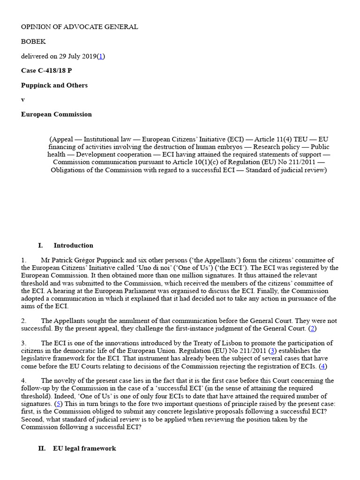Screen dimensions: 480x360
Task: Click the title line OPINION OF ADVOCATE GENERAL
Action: [79, 27]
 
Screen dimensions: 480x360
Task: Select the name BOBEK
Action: [34, 41]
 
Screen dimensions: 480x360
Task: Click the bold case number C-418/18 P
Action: [46, 71]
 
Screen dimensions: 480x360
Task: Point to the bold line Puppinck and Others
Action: [54, 85]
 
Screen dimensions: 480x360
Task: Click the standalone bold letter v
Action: [22, 100]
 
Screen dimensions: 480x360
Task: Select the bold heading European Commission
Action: [56, 114]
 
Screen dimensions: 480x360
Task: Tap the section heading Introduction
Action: [73, 245]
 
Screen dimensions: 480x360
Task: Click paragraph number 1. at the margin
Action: [23, 260]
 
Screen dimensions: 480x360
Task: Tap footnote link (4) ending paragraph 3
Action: [323, 366]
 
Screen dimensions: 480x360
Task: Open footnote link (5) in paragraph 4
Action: [58, 403]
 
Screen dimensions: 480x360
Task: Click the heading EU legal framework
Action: [84, 449]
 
